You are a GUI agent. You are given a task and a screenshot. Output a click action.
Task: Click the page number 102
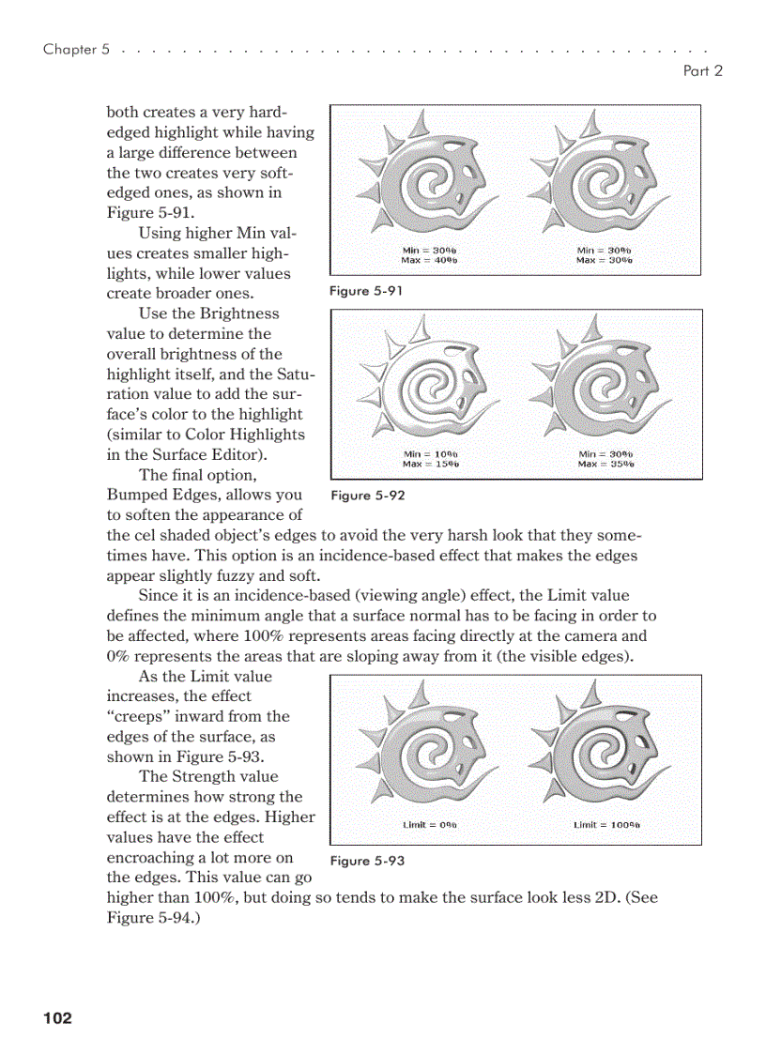[x=56, y=1018]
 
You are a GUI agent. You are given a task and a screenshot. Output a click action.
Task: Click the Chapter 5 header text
[x=70, y=49]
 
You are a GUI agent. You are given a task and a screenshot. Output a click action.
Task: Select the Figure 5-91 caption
[x=366, y=291]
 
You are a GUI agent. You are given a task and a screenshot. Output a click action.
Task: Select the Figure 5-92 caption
[x=368, y=495]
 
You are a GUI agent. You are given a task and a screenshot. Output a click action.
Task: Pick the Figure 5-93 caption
[x=368, y=861]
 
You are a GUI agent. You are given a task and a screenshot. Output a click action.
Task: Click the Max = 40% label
[x=429, y=259]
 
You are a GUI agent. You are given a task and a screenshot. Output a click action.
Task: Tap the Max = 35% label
[x=605, y=464]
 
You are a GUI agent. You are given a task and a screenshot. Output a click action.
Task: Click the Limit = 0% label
[x=429, y=825]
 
